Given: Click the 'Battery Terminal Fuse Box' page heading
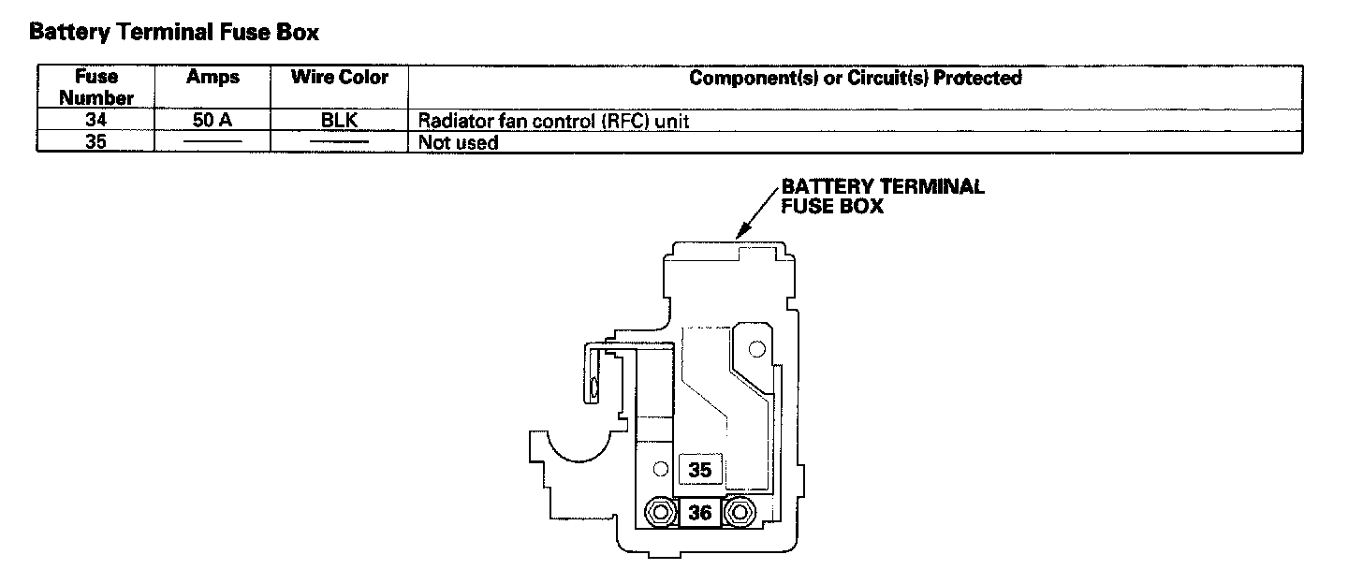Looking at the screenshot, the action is coord(174,32).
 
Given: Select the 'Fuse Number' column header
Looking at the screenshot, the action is coord(96,87).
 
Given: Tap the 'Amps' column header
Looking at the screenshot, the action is coord(212,77).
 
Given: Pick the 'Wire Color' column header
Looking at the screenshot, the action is coord(340,77).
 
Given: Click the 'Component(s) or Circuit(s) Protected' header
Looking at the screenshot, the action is coord(856,78).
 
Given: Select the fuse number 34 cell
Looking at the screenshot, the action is coord(95,120).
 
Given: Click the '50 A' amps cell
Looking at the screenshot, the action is coord(212,121).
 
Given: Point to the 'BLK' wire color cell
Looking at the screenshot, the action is coord(340,121).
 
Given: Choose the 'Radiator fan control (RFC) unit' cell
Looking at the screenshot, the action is coord(553,121).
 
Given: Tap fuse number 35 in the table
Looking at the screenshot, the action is coord(95,142).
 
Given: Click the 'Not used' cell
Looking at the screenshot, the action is coord(458,142).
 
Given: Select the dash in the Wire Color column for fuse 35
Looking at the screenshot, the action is coord(340,142).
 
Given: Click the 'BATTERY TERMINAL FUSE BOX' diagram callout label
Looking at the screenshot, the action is coord(882,196).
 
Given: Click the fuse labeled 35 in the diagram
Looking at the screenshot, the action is coord(700,470).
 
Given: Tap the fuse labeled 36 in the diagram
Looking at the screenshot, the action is coord(700,513).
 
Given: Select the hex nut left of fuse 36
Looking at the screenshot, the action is coord(661,513).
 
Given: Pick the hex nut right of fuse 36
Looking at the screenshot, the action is coord(740,513).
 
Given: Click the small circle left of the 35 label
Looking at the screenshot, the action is coord(661,469).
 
